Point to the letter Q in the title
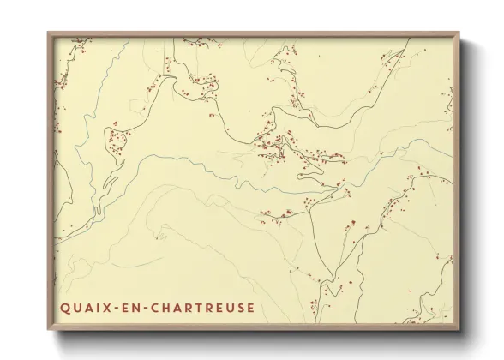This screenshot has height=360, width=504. pos(64,308)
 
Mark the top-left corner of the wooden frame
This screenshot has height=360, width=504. pos(48,33)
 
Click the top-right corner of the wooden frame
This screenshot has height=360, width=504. pos(460,33)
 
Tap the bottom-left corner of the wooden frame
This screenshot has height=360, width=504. pos(48,331)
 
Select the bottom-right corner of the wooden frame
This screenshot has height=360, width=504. pos(460,331)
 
